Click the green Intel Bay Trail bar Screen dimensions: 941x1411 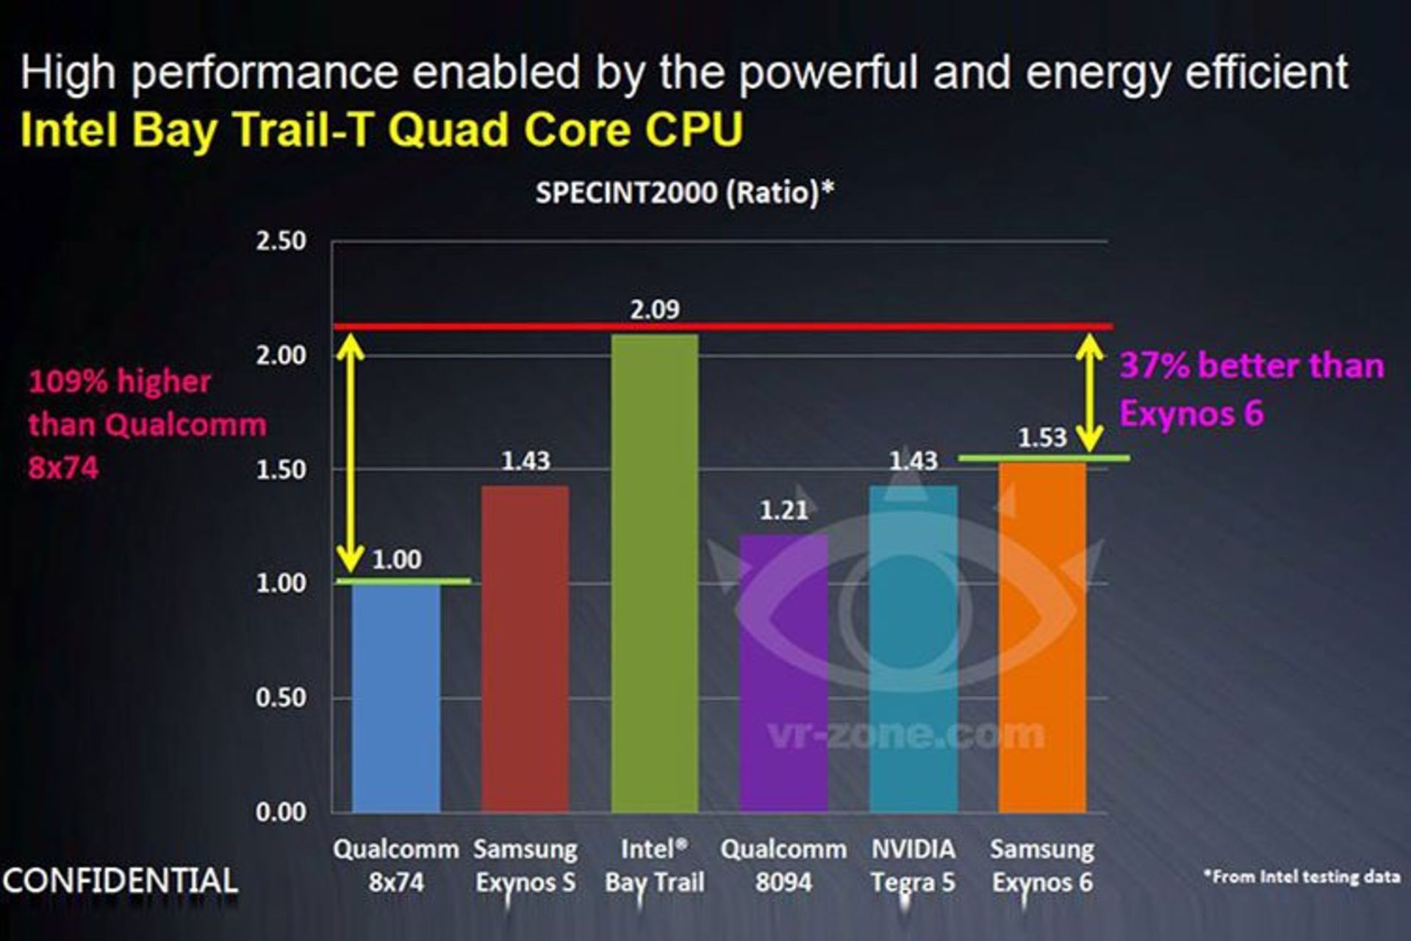click(x=654, y=573)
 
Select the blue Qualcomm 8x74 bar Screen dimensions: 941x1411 click(x=396, y=698)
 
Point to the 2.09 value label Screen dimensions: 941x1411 click(x=655, y=310)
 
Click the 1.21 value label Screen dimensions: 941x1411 click(x=783, y=509)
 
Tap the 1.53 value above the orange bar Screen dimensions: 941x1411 click(x=1042, y=438)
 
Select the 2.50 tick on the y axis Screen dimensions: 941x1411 click(x=281, y=241)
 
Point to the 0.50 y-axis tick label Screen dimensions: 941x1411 click(x=281, y=698)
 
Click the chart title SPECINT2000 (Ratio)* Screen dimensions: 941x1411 click(x=685, y=193)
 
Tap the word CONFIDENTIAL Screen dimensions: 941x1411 click(x=121, y=881)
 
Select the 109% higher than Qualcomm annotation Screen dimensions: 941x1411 click(x=147, y=424)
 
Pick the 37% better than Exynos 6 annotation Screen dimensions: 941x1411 click(x=1251, y=389)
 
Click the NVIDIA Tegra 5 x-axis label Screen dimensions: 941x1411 click(x=913, y=865)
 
